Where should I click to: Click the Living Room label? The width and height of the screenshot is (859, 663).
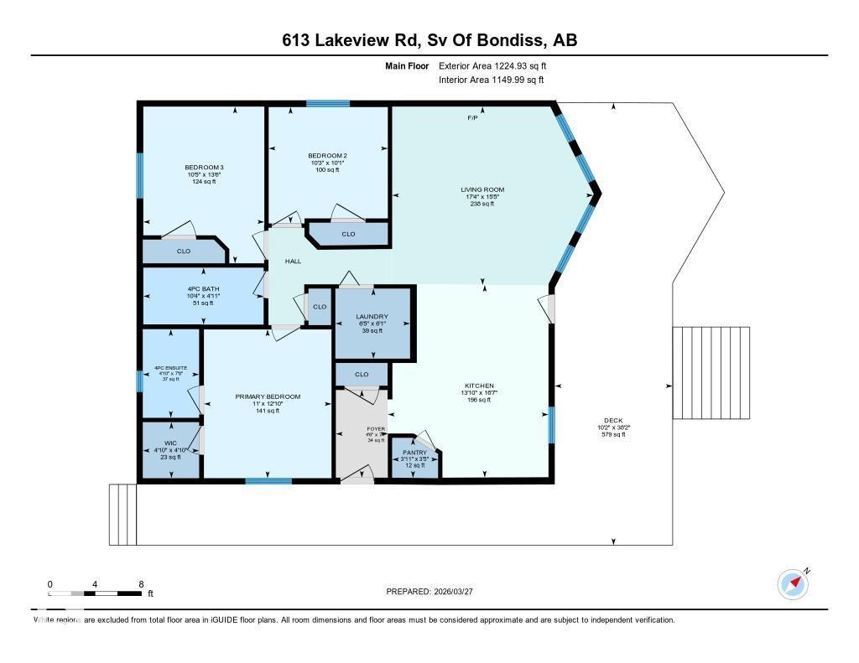[482, 189]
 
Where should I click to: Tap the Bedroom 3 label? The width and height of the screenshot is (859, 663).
[204, 167]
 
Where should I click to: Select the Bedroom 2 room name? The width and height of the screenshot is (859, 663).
[327, 155]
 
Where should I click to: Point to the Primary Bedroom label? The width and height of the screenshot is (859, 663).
[268, 396]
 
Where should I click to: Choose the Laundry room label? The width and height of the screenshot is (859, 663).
[372, 316]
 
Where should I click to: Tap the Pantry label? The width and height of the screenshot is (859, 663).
[414, 453]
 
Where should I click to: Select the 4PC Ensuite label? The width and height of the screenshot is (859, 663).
[170, 368]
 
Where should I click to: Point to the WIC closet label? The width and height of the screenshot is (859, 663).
[170, 442]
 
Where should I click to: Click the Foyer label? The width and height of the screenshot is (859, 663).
[375, 428]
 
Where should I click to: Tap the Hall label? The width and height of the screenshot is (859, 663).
[293, 262]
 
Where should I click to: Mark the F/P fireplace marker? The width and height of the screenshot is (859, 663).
[473, 118]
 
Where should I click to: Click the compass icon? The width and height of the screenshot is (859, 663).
[792, 583]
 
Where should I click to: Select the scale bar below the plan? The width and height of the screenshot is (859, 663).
[95, 593]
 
